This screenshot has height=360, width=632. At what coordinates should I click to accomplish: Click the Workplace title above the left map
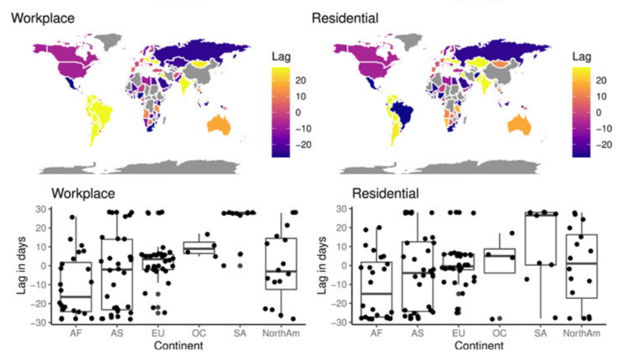pyautogui.click(x=43, y=18)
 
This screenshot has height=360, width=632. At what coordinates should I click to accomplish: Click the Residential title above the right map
pyautogui.click(x=345, y=18)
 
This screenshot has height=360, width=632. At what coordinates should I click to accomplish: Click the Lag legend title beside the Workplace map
pyautogui.click(x=280, y=57)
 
